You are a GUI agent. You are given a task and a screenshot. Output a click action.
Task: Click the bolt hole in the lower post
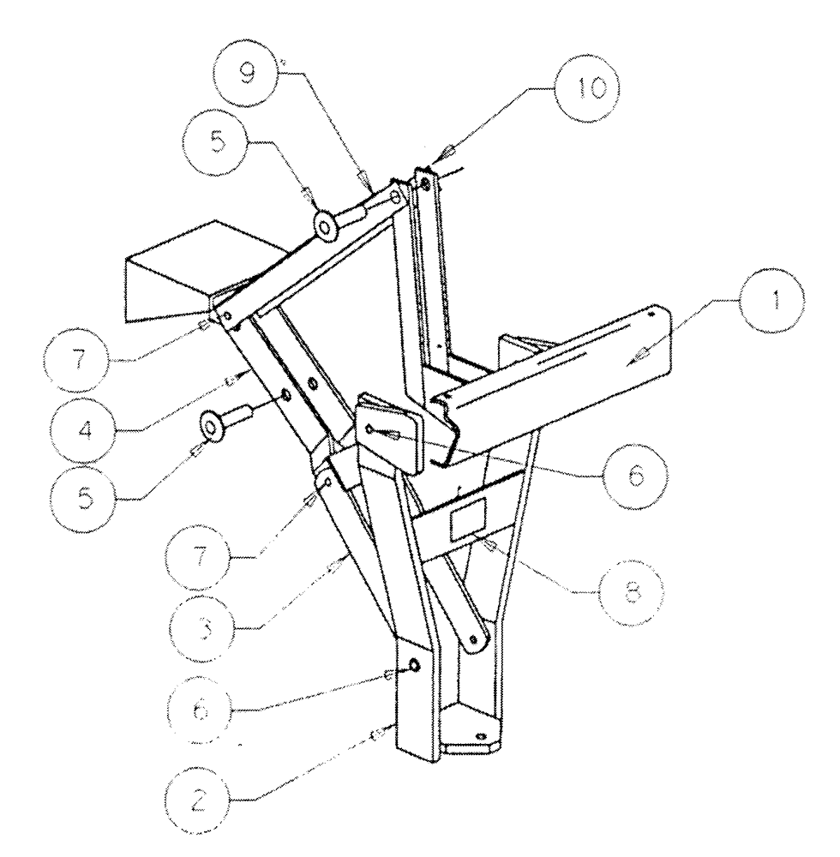click(414, 667)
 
